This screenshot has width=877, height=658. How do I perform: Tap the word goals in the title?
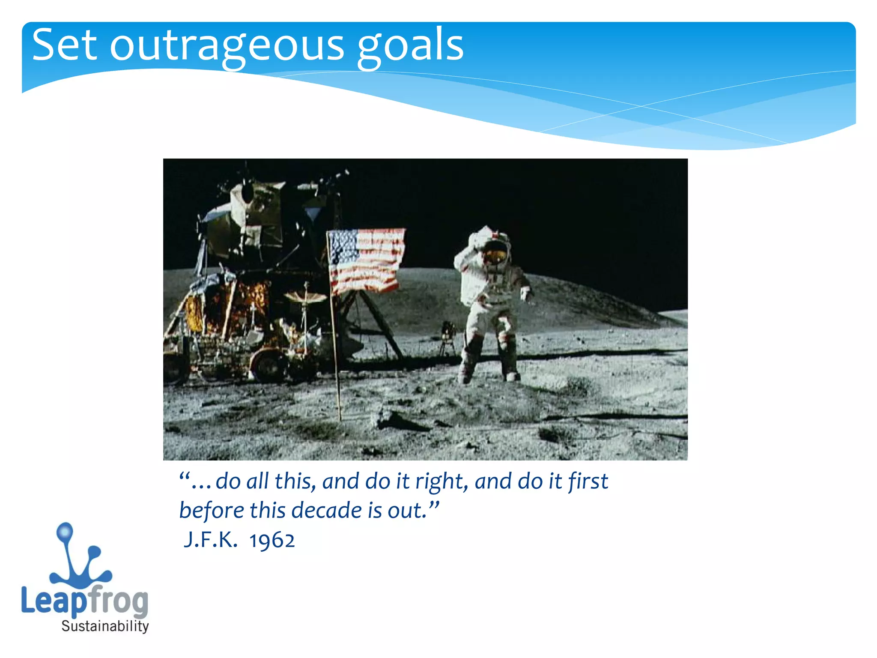click(x=410, y=46)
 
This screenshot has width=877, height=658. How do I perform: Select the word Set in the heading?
click(x=64, y=45)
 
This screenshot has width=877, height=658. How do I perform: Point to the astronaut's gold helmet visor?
click(x=495, y=256)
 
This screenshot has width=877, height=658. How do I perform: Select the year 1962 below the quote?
click(x=272, y=540)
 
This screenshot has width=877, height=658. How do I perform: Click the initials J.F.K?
click(x=210, y=540)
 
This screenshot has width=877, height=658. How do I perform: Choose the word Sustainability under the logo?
click(x=105, y=626)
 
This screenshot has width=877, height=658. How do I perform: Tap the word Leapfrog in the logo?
click(x=84, y=601)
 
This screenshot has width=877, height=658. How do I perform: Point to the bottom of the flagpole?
click(x=339, y=418)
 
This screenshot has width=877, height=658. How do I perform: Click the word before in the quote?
click(x=212, y=511)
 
